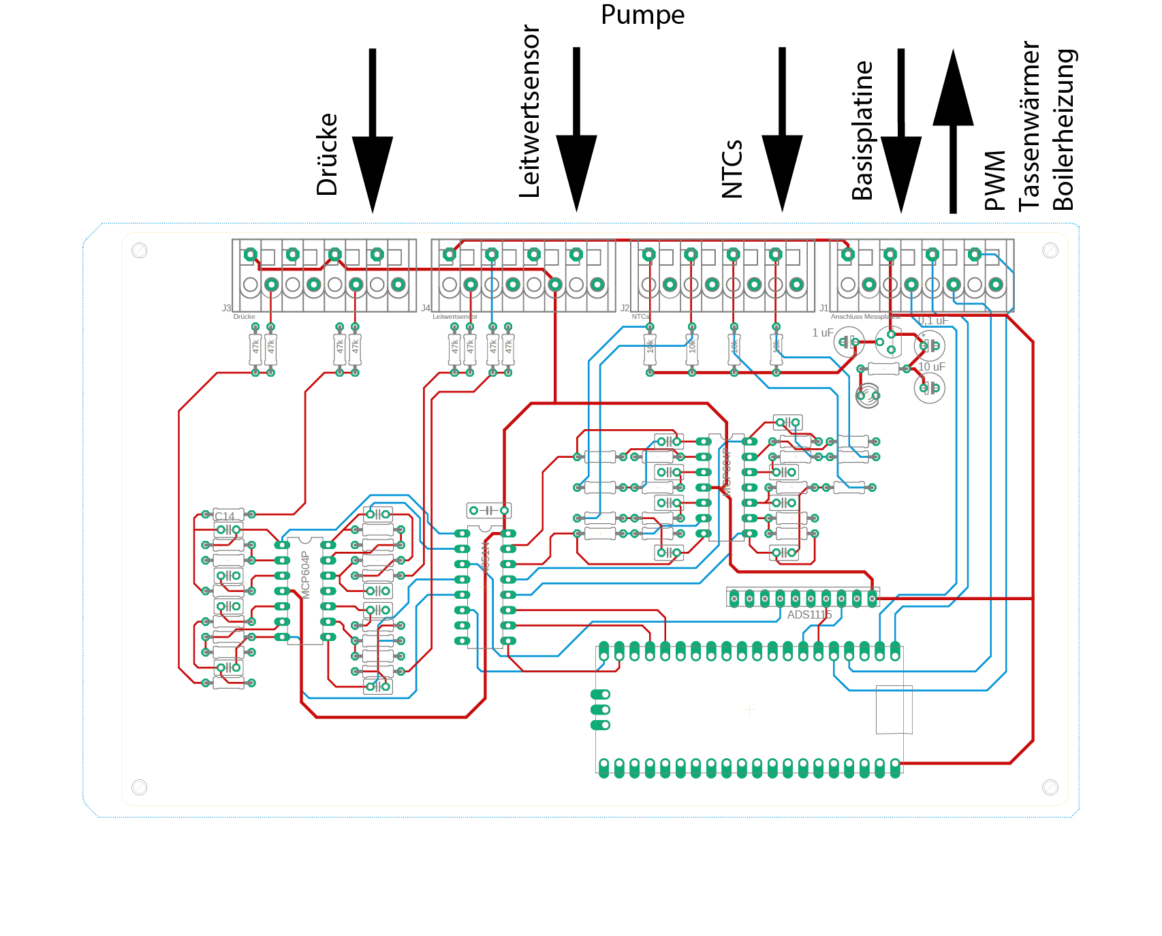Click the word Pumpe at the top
[642, 15]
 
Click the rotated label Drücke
[328, 155]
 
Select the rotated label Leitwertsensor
[530, 112]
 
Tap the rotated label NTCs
[732, 169]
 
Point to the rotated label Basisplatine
[862, 131]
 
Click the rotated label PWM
[995, 181]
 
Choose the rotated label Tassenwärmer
[1029, 126]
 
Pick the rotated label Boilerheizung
[1063, 129]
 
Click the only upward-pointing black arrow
[953, 129]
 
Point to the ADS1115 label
[809, 615]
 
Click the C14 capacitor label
[225, 516]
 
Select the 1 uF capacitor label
[822, 333]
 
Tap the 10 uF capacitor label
[932, 367]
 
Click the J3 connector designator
[226, 309]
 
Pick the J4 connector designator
[426, 309]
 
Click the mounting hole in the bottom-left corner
[139, 787]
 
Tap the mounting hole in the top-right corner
[1050, 251]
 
